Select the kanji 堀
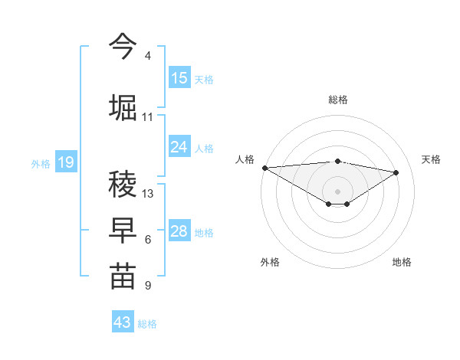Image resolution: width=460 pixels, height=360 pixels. pyautogui.click(x=123, y=106)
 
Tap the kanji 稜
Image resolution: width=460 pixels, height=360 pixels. pyautogui.click(x=123, y=184)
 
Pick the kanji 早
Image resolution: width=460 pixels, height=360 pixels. pyautogui.click(x=123, y=230)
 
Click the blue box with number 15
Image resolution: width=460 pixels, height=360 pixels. pyautogui.click(x=179, y=78)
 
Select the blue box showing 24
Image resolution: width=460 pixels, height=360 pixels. pyautogui.click(x=179, y=147)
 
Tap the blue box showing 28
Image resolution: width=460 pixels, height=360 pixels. pyautogui.click(x=179, y=231)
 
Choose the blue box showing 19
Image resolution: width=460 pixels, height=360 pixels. pyautogui.click(x=65, y=162)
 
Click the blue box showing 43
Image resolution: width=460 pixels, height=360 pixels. pyautogui.click(x=123, y=322)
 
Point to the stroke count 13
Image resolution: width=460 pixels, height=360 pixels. pyautogui.click(x=148, y=193)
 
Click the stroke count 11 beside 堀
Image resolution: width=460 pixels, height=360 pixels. pyautogui.click(x=147, y=117)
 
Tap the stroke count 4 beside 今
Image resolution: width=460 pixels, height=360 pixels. pyautogui.click(x=147, y=56)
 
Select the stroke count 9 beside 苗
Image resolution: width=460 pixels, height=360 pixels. pyautogui.click(x=147, y=286)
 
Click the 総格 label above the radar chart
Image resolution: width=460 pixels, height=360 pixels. pyautogui.click(x=337, y=100)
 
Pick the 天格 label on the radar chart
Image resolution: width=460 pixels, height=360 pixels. pyautogui.click(x=432, y=159)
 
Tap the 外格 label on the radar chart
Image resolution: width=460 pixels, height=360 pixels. pyautogui.click(x=270, y=262)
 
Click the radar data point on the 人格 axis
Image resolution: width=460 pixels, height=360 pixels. pyautogui.click(x=264, y=168)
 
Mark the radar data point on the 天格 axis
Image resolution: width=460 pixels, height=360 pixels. pyautogui.click(x=396, y=172)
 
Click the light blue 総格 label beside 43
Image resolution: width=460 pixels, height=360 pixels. pyautogui.click(x=147, y=324)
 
